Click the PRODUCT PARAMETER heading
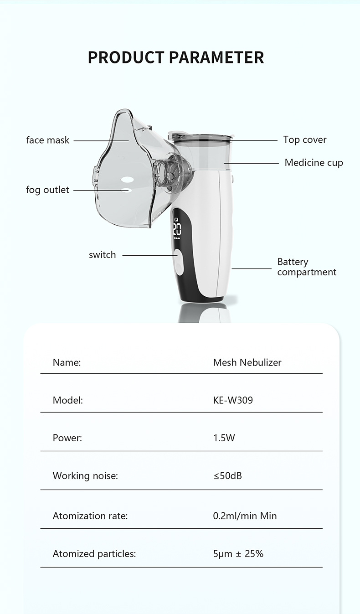176,58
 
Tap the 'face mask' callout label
48,140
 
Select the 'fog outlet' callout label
48,190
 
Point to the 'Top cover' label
304,140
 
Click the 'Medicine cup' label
314,163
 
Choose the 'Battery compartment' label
306,267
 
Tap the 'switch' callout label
103,255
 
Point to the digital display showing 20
177,229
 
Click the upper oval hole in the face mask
128,179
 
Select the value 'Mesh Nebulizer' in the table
247,362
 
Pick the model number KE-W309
233,401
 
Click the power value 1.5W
224,438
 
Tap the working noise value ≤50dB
227,476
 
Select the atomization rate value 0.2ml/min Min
245,516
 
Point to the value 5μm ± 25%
238,554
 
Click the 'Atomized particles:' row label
94,554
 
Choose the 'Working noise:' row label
85,476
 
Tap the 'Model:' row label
68,401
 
